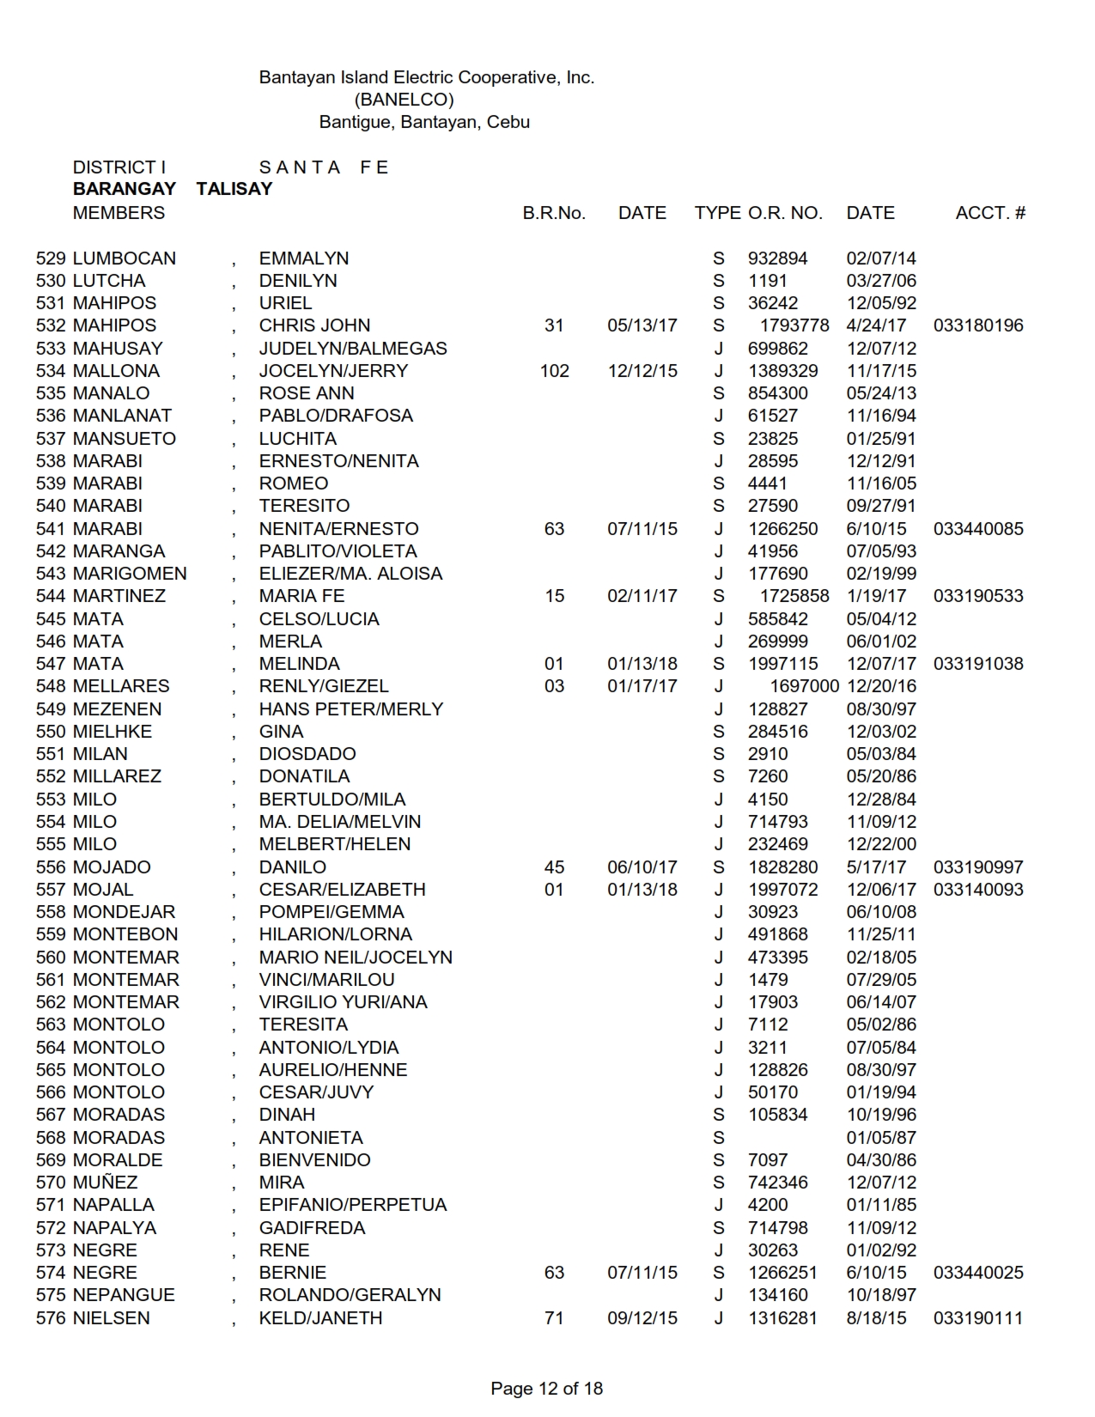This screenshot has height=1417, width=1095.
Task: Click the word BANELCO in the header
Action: click(404, 100)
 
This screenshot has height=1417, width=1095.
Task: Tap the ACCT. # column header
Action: click(990, 213)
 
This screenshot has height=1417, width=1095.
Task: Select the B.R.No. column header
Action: click(554, 213)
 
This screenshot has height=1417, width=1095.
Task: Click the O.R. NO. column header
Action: click(785, 213)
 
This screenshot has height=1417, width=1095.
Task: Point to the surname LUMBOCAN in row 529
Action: click(125, 258)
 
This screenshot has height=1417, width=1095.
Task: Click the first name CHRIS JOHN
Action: click(314, 325)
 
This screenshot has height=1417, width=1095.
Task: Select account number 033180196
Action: click(978, 325)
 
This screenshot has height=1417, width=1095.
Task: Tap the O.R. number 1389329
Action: click(783, 371)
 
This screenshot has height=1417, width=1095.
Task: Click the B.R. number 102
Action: click(555, 371)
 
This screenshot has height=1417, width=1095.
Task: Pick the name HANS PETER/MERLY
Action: click(351, 709)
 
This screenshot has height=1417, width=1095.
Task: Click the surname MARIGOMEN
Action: click(130, 574)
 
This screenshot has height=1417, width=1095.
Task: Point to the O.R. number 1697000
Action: click(805, 686)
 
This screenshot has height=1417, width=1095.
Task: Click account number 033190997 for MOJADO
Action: click(978, 867)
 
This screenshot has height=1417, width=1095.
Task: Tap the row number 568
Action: click(51, 1138)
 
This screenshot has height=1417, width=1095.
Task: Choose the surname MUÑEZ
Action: click(106, 1183)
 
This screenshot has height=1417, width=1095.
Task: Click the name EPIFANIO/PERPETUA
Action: click(353, 1205)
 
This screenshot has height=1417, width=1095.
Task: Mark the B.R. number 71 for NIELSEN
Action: click(554, 1318)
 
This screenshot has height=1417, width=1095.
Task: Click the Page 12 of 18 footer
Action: click(547, 1389)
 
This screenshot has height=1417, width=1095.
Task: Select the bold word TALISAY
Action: click(234, 190)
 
